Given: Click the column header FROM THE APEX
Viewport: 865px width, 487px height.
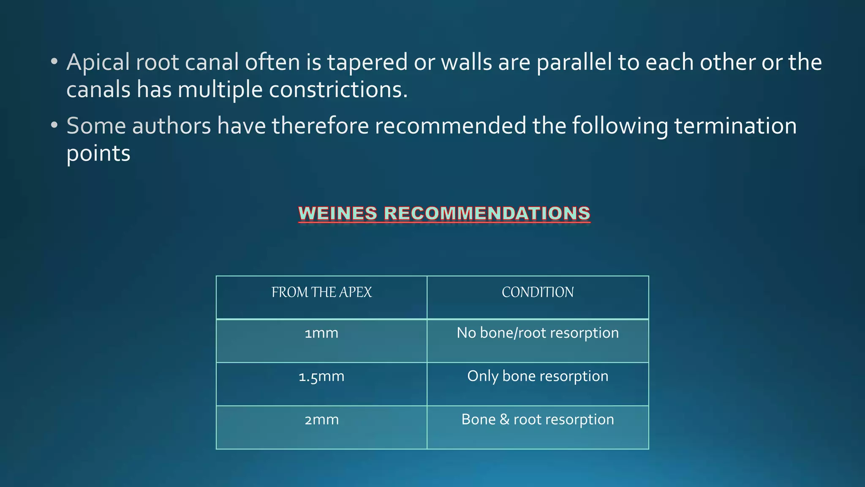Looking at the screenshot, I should pos(321,293).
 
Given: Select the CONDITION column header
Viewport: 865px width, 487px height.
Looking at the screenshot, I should pos(538,293).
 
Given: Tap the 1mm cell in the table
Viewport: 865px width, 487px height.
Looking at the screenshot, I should pos(321,334).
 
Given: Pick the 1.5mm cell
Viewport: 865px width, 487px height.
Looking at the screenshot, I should pos(321,377).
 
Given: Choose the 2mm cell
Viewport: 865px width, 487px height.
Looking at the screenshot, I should pos(321,420).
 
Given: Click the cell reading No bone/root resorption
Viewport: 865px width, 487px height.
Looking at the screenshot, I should pos(538,333).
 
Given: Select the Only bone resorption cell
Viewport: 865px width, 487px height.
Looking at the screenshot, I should pos(538,376).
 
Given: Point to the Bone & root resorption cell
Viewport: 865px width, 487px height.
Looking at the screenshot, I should pos(538,419).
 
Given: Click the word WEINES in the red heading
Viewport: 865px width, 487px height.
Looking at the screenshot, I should pos(338,213).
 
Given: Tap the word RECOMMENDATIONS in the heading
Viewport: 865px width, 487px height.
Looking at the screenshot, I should pos(487,213).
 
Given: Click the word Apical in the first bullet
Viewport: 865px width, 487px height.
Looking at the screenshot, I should pos(98,63).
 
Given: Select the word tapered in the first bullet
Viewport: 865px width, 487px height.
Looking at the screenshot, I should pos(367,63).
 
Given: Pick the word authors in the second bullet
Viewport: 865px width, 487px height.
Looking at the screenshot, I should pos(171,126).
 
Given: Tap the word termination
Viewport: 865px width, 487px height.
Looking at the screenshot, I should pos(735,126).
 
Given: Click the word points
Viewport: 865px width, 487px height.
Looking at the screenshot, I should pos(98,153).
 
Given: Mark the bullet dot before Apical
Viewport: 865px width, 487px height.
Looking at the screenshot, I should pos(54,62).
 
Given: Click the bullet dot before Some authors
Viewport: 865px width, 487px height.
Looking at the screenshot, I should pos(54,125).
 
